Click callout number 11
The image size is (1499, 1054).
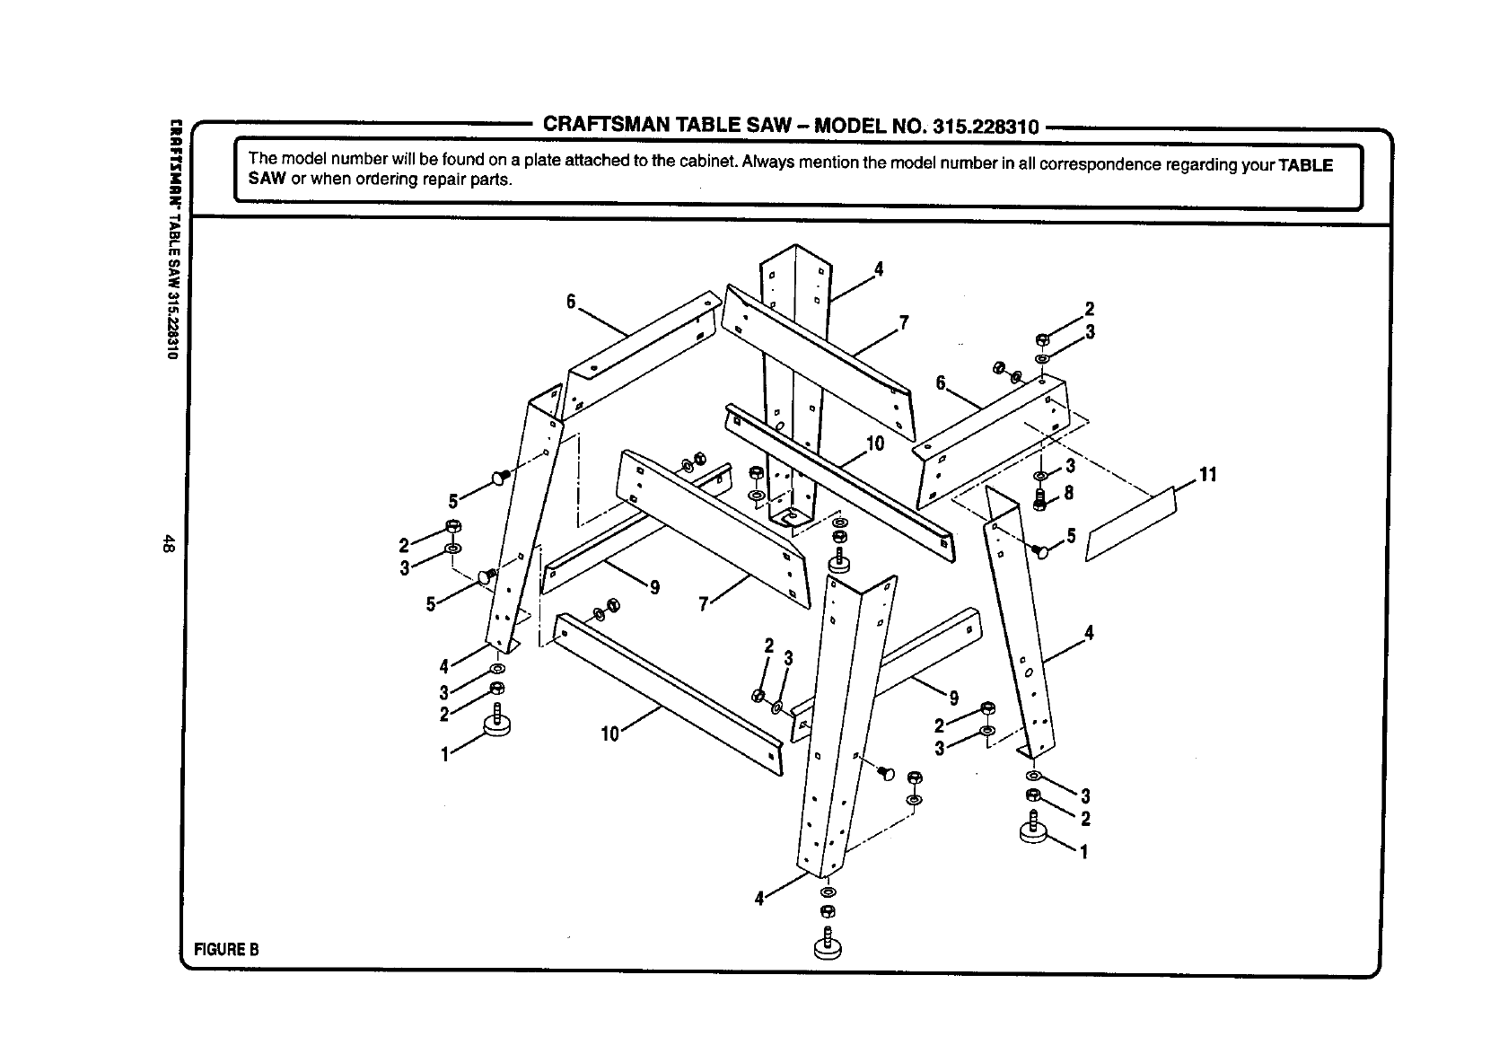coord(1207,475)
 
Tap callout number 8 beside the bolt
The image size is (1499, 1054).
coord(1069,493)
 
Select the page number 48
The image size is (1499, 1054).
coord(168,544)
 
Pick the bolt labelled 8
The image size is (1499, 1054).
coord(1041,499)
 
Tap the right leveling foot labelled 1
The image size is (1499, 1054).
coord(1034,830)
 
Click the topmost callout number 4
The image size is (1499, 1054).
coord(879,268)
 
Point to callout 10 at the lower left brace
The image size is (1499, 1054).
coord(609,734)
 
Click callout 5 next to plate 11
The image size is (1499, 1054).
coord(1069,536)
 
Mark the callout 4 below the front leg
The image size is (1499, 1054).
coord(760,898)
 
